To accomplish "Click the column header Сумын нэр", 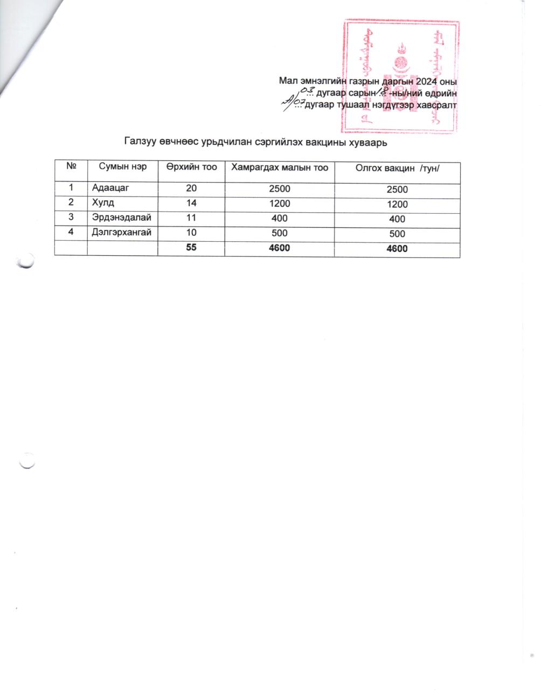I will pyautogui.click(x=123, y=167).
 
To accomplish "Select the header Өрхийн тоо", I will pyautogui.click(x=191, y=167).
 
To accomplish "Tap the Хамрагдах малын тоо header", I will pyautogui.click(x=280, y=167).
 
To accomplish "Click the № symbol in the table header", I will pyautogui.click(x=71, y=167).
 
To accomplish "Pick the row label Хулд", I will pyautogui.click(x=103, y=204).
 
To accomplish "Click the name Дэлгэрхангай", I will pyautogui.click(x=122, y=233).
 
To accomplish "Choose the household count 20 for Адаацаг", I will pyautogui.click(x=192, y=189).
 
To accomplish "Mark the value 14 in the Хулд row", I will pyautogui.click(x=192, y=204).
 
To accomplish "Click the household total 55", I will pyautogui.click(x=192, y=248).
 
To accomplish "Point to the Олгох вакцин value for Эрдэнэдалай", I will pyautogui.click(x=397, y=219).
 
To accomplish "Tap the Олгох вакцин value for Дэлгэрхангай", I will pyautogui.click(x=397, y=234).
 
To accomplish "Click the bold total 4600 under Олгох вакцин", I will pyautogui.click(x=397, y=249).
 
